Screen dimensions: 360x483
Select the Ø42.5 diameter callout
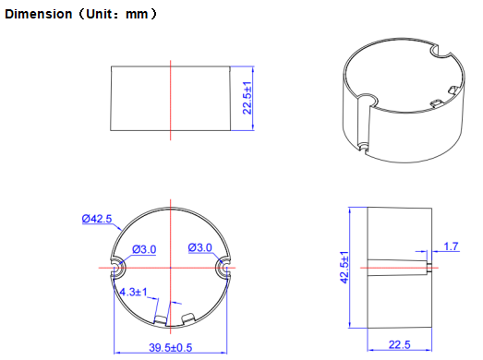96,219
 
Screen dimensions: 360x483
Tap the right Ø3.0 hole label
200,247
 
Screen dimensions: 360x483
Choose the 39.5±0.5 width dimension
171,347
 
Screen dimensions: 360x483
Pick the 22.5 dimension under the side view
400,345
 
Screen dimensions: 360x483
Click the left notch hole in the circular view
118,267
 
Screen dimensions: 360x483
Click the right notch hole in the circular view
224,267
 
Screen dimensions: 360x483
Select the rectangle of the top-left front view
170,99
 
